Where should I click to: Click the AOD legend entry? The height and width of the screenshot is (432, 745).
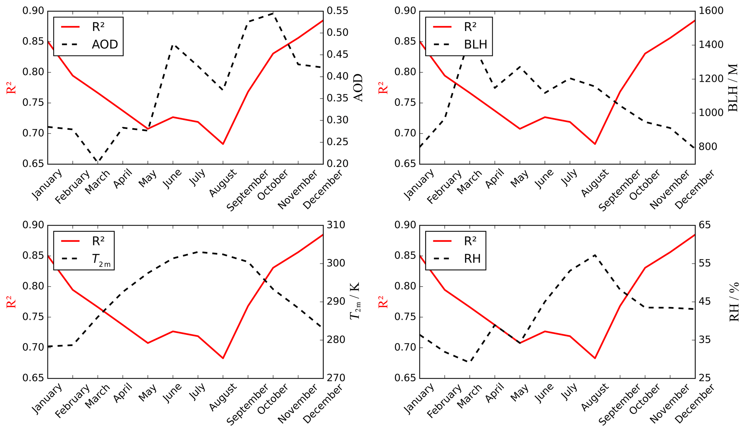[105, 44]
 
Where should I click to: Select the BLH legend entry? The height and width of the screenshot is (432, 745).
[475, 44]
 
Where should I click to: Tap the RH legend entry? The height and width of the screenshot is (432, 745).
[472, 258]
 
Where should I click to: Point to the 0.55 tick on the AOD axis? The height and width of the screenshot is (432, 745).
[337, 11]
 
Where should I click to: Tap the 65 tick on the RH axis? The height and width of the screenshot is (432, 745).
[705, 225]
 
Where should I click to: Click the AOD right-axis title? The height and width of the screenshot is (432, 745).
[358, 88]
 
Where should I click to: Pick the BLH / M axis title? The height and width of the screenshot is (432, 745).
[733, 88]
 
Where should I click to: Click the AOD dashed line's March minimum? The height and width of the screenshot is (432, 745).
[98, 162]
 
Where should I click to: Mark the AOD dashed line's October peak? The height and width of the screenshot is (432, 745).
[273, 13]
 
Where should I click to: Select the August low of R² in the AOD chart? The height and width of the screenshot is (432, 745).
[223, 144]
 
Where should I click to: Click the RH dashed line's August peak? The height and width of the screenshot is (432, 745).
[595, 255]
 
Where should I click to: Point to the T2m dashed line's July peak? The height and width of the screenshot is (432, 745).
[198, 252]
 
